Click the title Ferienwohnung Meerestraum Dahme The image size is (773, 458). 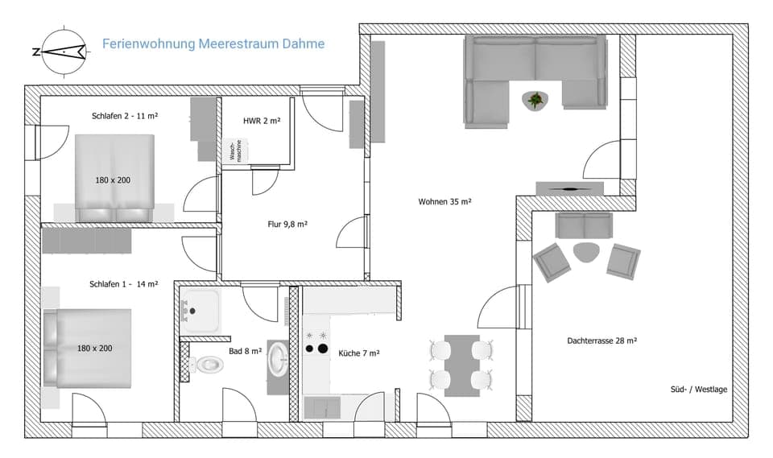[x=213, y=43]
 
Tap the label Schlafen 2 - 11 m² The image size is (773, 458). [x=125, y=116]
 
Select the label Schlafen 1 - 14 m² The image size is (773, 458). [x=124, y=284]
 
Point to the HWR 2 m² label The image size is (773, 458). [x=261, y=121]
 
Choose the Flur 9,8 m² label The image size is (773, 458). [x=287, y=225]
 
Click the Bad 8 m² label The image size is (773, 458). [x=245, y=351]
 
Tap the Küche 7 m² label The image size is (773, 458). [x=359, y=353]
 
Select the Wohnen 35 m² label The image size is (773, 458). [x=444, y=201]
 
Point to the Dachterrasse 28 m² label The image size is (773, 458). [x=602, y=341]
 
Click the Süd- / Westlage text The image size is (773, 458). [x=699, y=390]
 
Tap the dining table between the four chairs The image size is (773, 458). [x=461, y=365]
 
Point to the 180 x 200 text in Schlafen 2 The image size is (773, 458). [x=112, y=180]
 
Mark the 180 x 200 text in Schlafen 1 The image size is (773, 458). [x=94, y=349]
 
